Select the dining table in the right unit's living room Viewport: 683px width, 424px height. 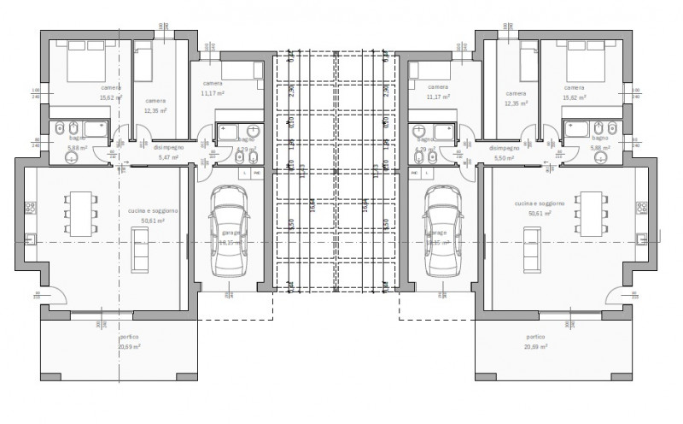pyautogui.click(x=589, y=210)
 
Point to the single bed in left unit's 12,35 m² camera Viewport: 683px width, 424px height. pyautogui.click(x=143, y=60)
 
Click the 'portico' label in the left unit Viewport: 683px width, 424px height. pyautogui.click(x=106, y=337)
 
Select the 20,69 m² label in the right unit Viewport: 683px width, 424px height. pyautogui.click(x=535, y=347)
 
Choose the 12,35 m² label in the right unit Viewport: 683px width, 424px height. pyautogui.click(x=517, y=103)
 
